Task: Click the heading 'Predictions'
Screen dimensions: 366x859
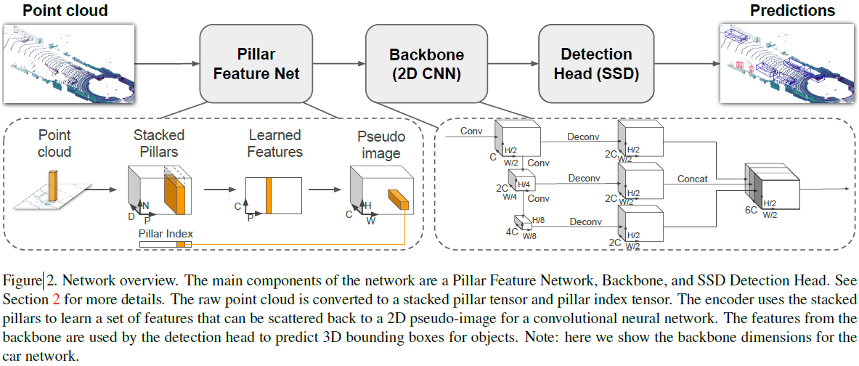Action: coord(792,11)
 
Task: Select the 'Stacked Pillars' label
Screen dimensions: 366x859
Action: coord(158,143)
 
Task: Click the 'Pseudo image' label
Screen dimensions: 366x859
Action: coord(380,144)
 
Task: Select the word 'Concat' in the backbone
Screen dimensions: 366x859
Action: coord(692,179)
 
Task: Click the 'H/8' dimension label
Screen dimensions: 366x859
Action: coord(539,220)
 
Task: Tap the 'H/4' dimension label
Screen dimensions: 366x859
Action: coord(524,184)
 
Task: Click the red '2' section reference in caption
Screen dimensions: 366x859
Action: coord(57,298)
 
